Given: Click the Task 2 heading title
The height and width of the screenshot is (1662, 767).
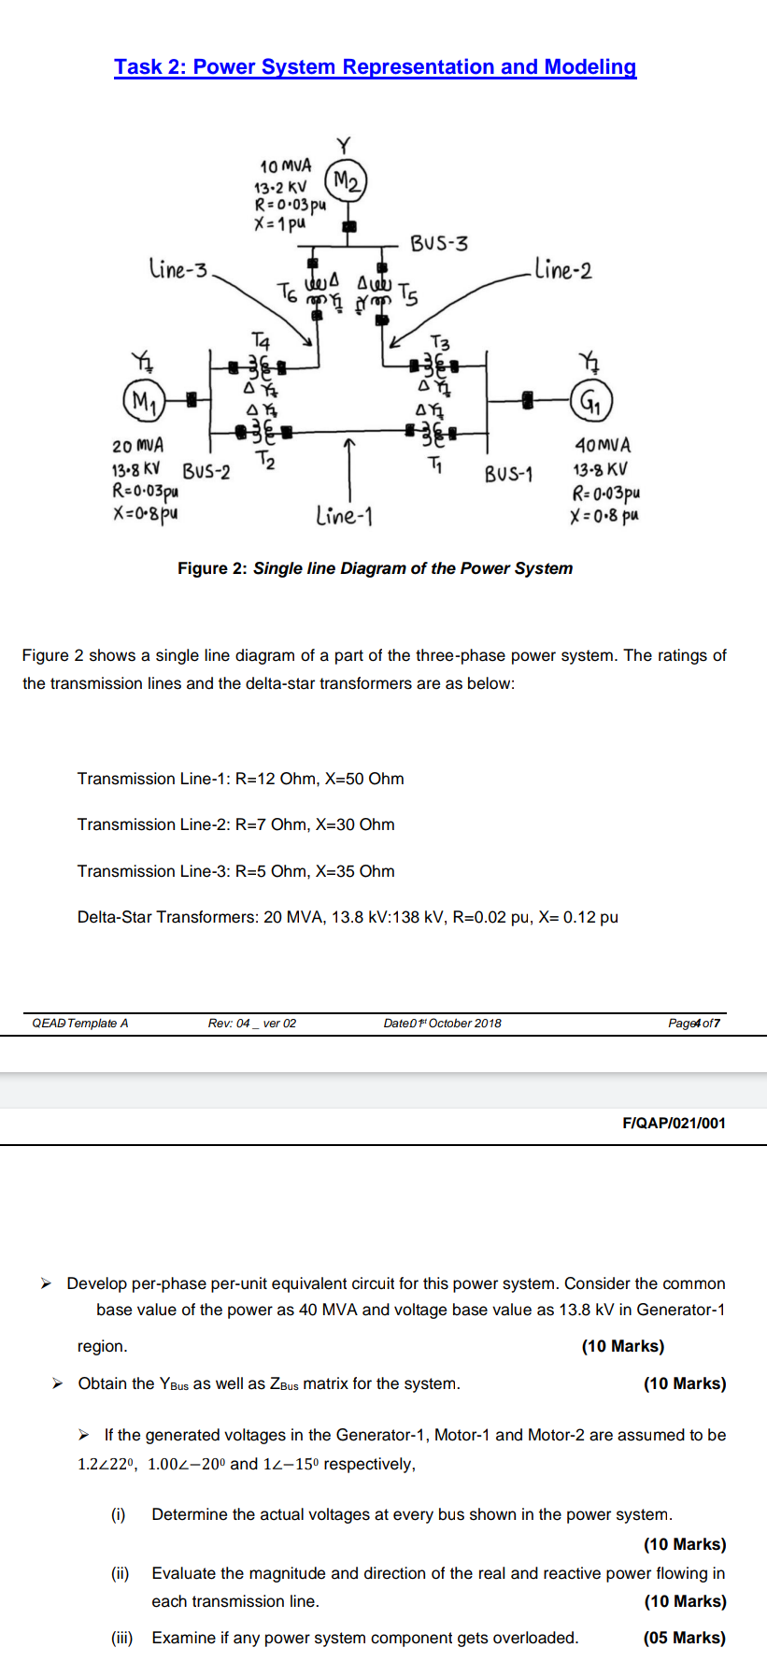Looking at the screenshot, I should [x=375, y=67].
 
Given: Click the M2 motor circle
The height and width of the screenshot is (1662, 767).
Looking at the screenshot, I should [x=346, y=180].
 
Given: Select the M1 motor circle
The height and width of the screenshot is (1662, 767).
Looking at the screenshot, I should [x=143, y=402].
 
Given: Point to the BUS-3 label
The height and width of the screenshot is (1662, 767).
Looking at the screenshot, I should [x=440, y=244].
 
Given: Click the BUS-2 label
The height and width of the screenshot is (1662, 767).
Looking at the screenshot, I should [x=206, y=470].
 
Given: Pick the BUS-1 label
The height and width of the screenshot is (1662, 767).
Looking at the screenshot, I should [x=508, y=474].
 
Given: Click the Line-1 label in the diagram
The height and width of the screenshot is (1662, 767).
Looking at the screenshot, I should [x=344, y=515].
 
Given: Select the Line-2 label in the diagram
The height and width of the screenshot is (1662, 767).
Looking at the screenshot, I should [x=563, y=270].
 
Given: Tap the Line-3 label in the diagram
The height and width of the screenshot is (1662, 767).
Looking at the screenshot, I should [x=178, y=270].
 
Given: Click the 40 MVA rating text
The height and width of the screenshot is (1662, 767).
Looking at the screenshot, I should [x=603, y=446].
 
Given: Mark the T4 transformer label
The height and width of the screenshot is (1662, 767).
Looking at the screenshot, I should [x=262, y=339].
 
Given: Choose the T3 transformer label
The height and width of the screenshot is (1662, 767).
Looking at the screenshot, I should [x=439, y=343].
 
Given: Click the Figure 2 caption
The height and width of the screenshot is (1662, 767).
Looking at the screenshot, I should [x=375, y=568].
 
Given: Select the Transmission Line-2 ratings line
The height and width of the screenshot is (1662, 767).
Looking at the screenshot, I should [x=235, y=824].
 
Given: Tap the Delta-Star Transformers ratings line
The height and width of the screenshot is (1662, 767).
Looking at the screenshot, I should [x=348, y=917].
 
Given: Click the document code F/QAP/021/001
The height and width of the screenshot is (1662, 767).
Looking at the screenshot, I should [x=673, y=1123].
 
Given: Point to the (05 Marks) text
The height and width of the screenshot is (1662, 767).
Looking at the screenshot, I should [x=684, y=1638].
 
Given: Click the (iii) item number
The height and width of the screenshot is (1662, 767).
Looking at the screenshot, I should [x=122, y=1638].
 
